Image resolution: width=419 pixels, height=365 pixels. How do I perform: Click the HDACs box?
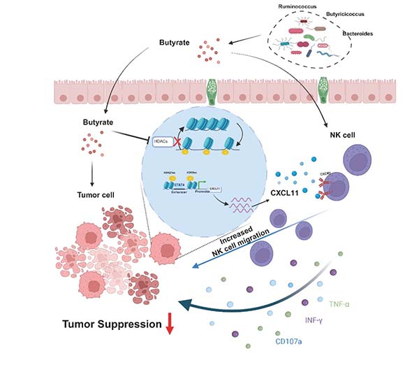pos(161,142)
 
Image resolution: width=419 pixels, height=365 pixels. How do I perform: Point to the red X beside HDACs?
pos(177,142)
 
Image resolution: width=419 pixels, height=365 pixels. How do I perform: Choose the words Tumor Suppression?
pos(109,325)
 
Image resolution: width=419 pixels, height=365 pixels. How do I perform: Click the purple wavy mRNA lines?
pos(243,203)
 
